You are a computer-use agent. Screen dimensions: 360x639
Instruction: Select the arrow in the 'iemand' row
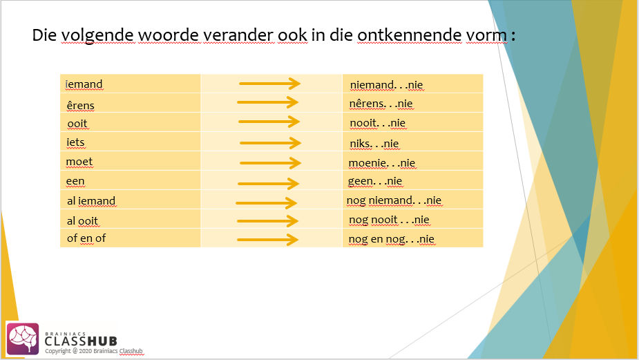click(x=269, y=84)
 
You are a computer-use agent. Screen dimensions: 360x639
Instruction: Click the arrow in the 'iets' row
click(x=270, y=143)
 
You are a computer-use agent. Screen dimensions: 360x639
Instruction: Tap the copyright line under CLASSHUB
click(x=93, y=351)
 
